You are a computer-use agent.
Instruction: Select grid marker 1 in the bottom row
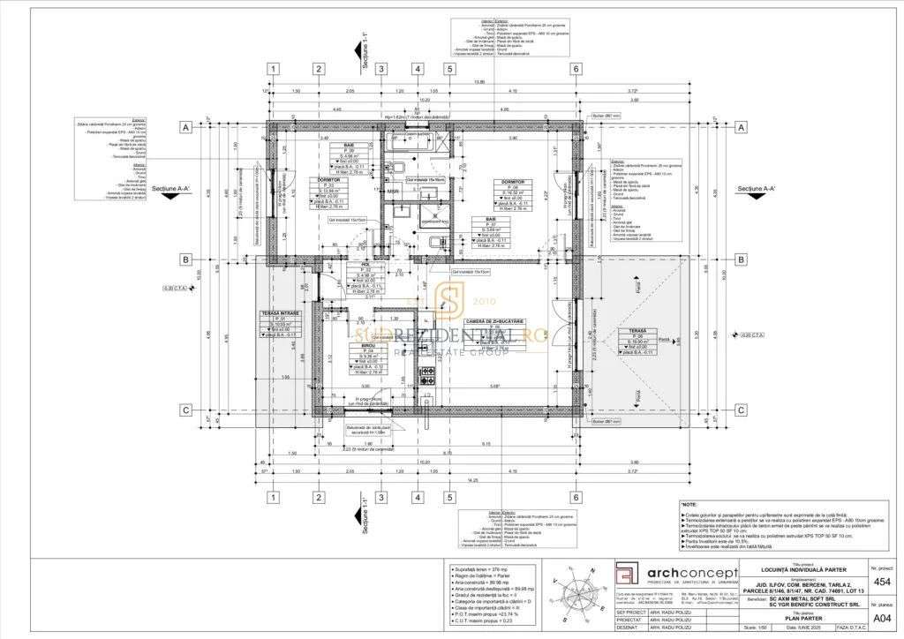(x=274, y=497)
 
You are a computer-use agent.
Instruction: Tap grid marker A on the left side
(x=186, y=127)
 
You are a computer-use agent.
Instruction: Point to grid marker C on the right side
(x=742, y=410)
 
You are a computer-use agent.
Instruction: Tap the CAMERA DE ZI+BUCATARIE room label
(x=495, y=320)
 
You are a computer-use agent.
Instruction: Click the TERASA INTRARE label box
(x=280, y=313)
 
